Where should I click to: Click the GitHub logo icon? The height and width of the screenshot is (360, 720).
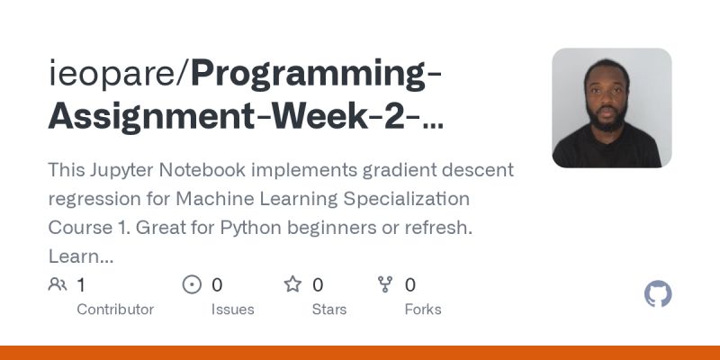tap(659, 294)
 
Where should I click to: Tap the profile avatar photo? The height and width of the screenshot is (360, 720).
tap(612, 108)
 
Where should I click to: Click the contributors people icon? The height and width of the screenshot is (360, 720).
tap(58, 285)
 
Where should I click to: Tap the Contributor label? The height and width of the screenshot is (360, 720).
tap(115, 310)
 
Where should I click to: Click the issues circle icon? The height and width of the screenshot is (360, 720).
tap(192, 285)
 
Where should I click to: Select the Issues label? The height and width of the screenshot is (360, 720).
tap(233, 310)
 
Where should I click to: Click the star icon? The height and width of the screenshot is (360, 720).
tap(292, 285)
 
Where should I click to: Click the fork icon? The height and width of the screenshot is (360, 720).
tap(385, 285)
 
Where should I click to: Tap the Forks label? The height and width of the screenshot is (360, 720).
tap(422, 310)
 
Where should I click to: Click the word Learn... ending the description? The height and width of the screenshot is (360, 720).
tap(81, 257)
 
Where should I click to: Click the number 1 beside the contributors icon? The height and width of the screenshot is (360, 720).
tap(81, 285)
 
